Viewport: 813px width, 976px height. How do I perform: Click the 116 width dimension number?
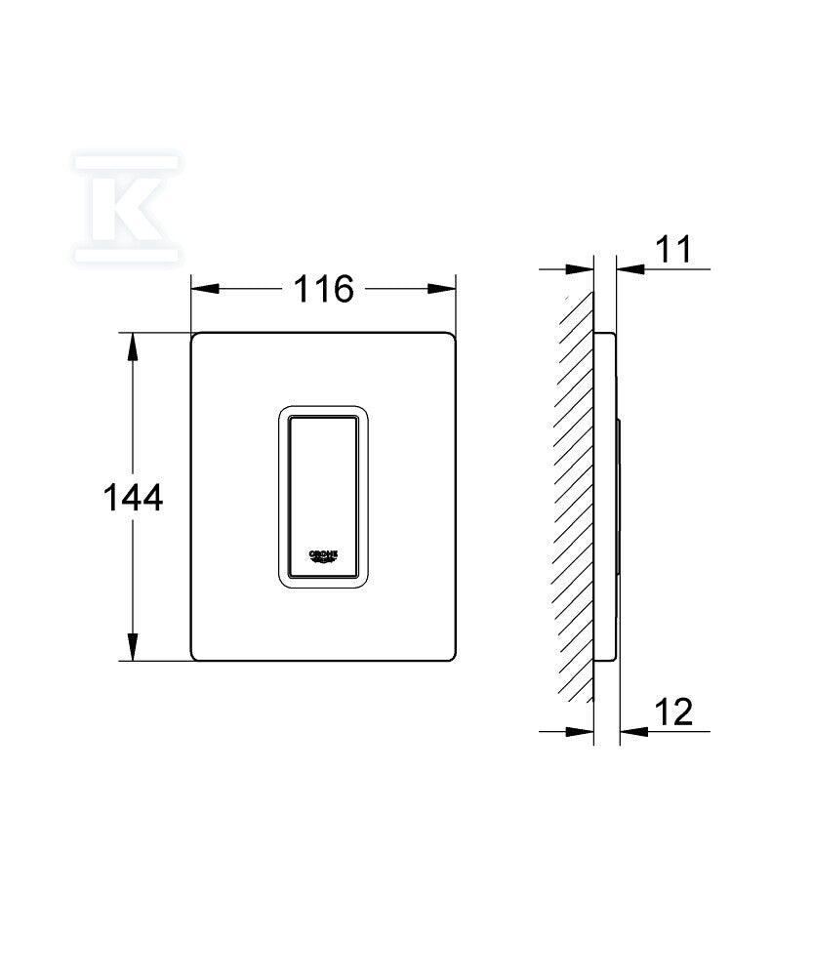pyautogui.click(x=323, y=290)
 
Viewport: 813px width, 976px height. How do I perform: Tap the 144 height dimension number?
pyautogui.click(x=133, y=498)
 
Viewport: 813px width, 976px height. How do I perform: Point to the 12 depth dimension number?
pyautogui.click(x=673, y=712)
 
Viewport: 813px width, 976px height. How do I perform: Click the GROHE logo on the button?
pyautogui.click(x=324, y=555)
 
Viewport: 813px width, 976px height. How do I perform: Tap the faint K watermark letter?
pyautogui.click(x=127, y=207)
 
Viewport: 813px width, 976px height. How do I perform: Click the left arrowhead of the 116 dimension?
pyautogui.click(x=205, y=289)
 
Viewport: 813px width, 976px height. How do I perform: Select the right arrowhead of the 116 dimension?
pyautogui.click(x=441, y=289)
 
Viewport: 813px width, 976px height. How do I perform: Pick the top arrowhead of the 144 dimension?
pyautogui.click(x=132, y=347)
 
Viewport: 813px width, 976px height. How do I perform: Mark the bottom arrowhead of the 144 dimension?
pyautogui.click(x=132, y=647)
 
